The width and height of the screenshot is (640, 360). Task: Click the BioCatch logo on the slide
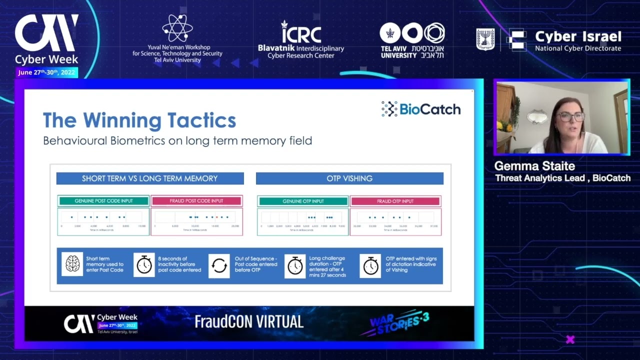tap(421, 109)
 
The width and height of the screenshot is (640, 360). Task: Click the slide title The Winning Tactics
tap(139, 120)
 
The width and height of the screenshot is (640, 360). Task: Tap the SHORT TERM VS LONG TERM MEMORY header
tap(150, 178)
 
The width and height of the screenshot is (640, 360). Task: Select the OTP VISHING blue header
tap(349, 178)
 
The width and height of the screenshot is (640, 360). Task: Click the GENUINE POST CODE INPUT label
tap(104, 201)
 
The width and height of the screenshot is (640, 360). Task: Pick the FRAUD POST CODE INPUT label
tap(196, 201)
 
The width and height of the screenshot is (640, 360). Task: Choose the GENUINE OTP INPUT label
tap(303, 201)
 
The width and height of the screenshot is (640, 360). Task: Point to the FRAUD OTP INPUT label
tap(395, 201)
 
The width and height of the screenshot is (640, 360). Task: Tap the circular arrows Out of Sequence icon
tap(219, 265)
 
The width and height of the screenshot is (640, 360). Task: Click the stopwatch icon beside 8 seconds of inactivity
tap(144, 264)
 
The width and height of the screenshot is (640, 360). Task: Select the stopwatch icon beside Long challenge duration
tap(295, 265)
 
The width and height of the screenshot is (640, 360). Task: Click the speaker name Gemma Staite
tap(534, 166)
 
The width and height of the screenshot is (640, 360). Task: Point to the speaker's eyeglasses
tap(571, 117)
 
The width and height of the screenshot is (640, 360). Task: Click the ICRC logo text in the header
tap(300, 34)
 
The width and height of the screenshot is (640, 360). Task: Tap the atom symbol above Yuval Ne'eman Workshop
tap(177, 27)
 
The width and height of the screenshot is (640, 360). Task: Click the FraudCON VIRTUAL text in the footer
tap(249, 321)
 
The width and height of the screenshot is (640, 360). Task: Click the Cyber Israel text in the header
tap(578, 37)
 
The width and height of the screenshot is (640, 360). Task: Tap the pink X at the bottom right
tap(570, 339)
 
